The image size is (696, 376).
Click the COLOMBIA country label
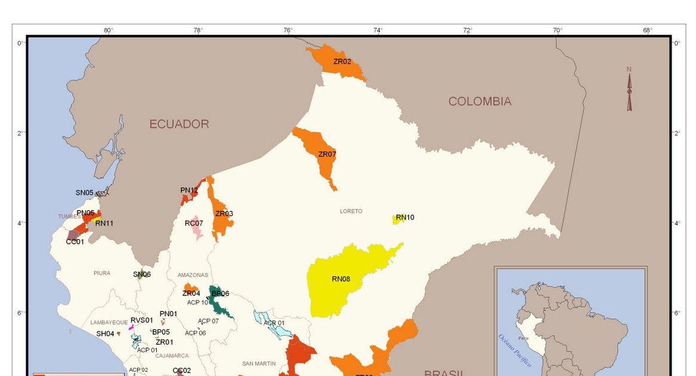point(480,101)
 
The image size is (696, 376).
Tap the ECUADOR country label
point(179,124)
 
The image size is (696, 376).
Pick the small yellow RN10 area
point(396,220)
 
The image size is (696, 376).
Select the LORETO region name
point(351,211)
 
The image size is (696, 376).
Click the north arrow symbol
point(629,90)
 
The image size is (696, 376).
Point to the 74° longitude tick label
point(378,30)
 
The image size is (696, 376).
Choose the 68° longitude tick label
point(647,30)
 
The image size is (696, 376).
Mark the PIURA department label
point(102,273)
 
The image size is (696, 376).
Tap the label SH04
point(105,334)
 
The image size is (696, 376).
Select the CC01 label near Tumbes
point(75,242)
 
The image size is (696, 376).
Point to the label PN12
point(189,190)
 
